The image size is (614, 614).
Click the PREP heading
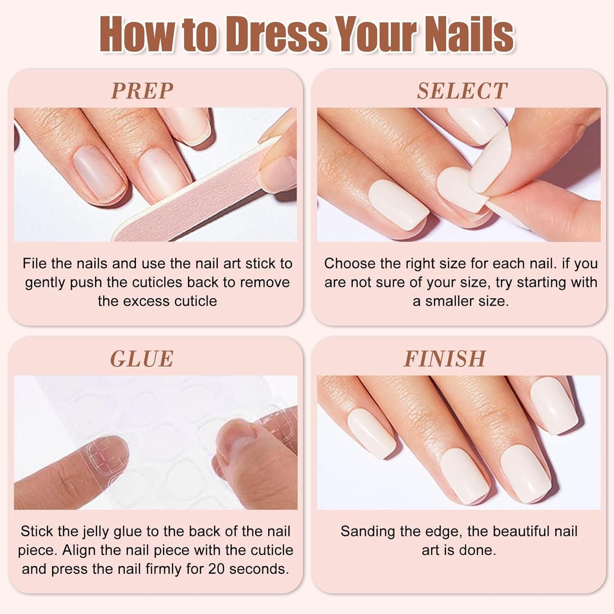pyautogui.click(x=142, y=91)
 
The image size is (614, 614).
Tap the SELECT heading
pyautogui.click(x=462, y=91)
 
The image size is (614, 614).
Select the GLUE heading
pyautogui.click(x=142, y=359)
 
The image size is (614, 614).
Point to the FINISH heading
pyautogui.click(x=445, y=359)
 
